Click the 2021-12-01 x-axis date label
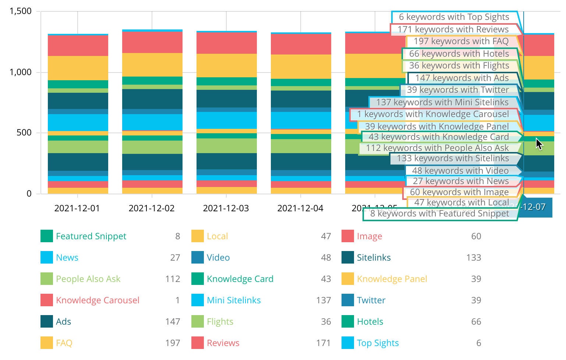coord(77,208)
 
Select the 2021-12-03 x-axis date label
coord(226,208)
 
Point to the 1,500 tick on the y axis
coord(21,11)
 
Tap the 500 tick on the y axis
coord(24,133)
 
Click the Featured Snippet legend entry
coord(91,236)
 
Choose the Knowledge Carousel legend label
coord(98,300)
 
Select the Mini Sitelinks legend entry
coord(234,300)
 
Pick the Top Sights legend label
coord(378,343)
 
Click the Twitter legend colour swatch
coord(347,300)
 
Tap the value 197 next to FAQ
coord(173,343)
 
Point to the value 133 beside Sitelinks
coord(474,258)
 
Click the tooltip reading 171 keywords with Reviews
coord(453,29)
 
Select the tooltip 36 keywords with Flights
coord(459,66)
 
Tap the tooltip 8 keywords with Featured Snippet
coord(439,213)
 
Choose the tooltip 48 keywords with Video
coord(460,171)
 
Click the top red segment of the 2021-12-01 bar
coord(78,45)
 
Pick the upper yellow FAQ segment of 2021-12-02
coord(152,65)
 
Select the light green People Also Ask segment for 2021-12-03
coord(227,146)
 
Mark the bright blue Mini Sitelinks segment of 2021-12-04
coord(301,120)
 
